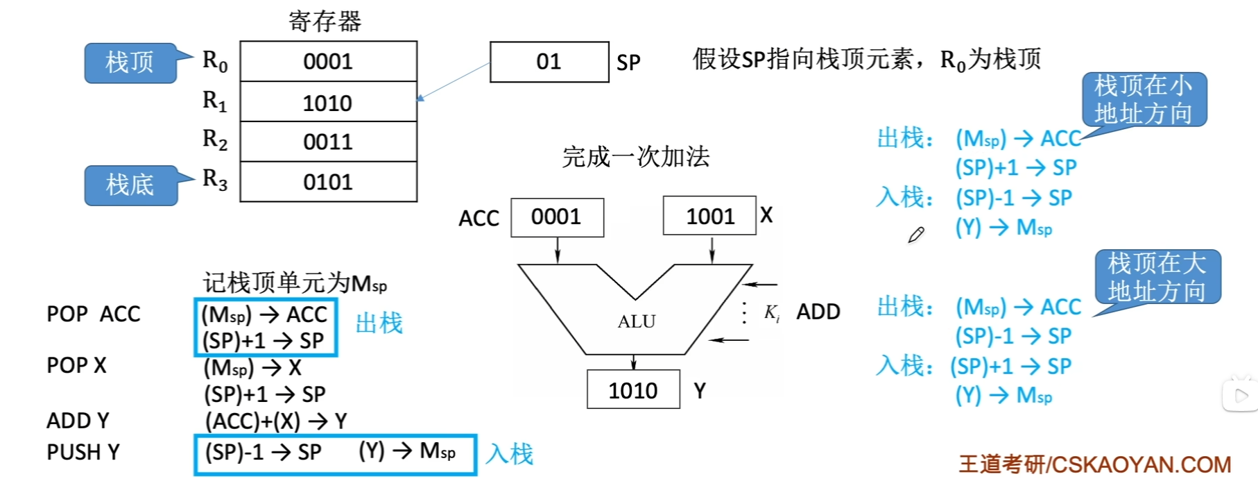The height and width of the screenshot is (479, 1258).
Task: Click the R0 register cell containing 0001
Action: (x=328, y=62)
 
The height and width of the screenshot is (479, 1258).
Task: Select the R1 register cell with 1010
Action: (x=328, y=103)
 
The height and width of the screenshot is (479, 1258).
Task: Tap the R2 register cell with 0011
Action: (x=328, y=142)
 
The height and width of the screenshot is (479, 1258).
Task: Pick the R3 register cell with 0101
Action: (x=328, y=182)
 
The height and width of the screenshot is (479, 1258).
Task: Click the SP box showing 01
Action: (x=549, y=62)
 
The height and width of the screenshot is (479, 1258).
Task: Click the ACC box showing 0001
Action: (x=557, y=217)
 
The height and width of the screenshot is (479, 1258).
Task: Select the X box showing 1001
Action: (x=709, y=217)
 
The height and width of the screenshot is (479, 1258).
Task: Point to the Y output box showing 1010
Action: (x=632, y=391)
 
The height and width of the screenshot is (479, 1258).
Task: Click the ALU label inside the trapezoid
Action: (x=637, y=321)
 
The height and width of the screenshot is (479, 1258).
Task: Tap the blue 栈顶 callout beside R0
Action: (x=130, y=62)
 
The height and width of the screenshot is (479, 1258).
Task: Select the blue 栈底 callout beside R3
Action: (x=130, y=185)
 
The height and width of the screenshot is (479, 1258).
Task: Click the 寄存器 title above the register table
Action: (x=325, y=22)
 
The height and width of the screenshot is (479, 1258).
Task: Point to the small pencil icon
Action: (x=916, y=235)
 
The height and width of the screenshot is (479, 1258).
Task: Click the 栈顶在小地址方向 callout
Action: (x=1144, y=99)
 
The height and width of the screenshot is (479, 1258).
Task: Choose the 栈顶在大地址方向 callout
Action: (x=1157, y=277)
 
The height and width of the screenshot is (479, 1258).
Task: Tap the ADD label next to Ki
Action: (x=818, y=312)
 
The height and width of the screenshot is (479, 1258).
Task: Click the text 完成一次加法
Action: (x=636, y=157)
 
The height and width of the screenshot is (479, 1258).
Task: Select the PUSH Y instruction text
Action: (x=83, y=453)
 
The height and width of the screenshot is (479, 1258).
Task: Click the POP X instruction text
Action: (x=76, y=365)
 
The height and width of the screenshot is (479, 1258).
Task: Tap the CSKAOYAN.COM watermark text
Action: (x=1095, y=464)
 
